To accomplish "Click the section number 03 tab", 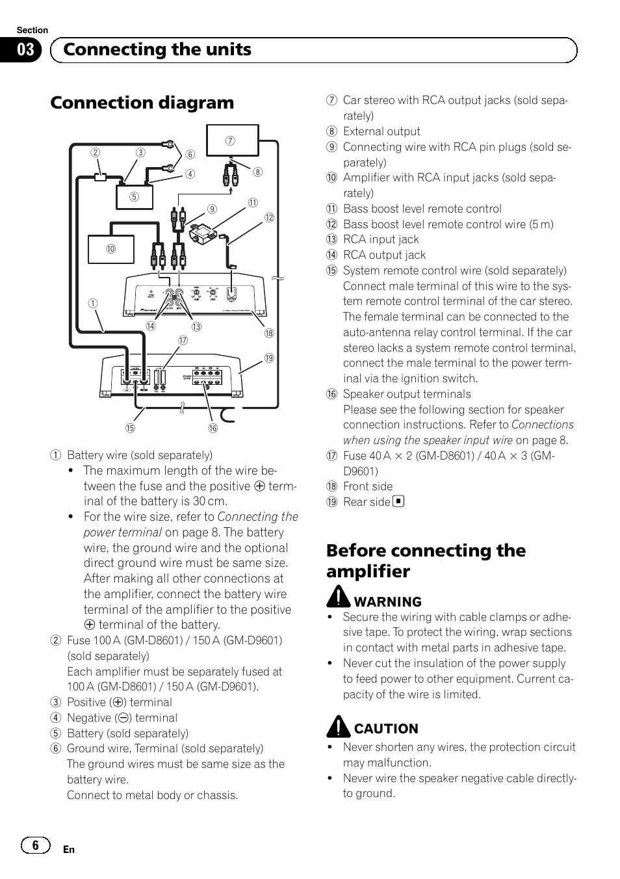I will (x=25, y=50).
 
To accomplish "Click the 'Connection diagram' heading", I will (x=142, y=103).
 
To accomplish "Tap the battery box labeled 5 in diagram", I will (x=135, y=197).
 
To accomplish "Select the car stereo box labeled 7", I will (x=232, y=140).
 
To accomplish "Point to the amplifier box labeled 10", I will (x=111, y=249).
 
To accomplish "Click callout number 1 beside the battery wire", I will (x=93, y=303).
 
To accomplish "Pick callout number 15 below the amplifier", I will (x=130, y=428).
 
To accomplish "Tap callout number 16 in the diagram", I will (x=213, y=428).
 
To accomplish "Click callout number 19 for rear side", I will (x=268, y=358).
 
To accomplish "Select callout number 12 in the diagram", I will (x=269, y=218).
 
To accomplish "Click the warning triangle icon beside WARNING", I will (x=338, y=596).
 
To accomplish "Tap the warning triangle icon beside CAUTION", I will (x=338, y=726).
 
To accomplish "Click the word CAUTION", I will (x=386, y=729).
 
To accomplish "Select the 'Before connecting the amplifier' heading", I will (x=426, y=560).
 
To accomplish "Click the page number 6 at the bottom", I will (x=35, y=845).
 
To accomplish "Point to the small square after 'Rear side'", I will (x=398, y=501).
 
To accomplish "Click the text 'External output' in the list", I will (x=381, y=131).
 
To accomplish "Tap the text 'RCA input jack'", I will (x=381, y=239).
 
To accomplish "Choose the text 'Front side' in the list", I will (x=368, y=486).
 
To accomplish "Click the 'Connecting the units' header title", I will (x=157, y=50).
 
